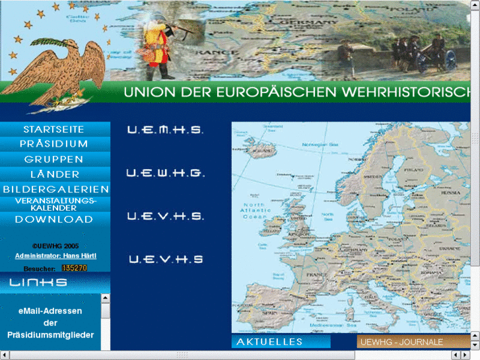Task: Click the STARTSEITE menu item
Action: click(x=54, y=129)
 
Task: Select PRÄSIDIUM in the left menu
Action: click(x=54, y=144)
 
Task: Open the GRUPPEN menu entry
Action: click(x=54, y=159)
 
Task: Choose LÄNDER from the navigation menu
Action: click(x=54, y=174)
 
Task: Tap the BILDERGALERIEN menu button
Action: click(x=55, y=190)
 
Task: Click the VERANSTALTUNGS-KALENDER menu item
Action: click(x=55, y=204)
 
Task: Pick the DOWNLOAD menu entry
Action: click(x=54, y=219)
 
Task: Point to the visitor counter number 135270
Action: click(x=75, y=269)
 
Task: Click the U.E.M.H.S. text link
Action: click(x=165, y=130)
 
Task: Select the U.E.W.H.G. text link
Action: click(x=166, y=174)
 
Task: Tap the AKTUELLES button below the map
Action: click(x=270, y=342)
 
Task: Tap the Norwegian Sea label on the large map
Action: click(x=320, y=144)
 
